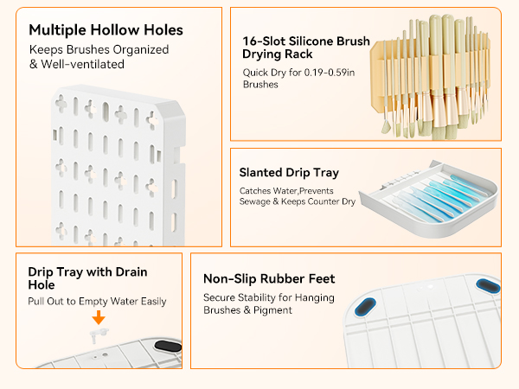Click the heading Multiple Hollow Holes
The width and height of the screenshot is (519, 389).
(106, 30)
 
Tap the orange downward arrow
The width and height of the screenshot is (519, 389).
(99, 317)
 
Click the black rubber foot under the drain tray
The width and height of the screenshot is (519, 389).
(168, 346)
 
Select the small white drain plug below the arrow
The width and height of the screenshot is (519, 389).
(98, 335)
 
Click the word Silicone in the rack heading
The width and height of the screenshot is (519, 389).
(311, 41)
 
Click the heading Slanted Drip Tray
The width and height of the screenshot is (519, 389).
(289, 173)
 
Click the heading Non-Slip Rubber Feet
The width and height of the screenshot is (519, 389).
(269, 278)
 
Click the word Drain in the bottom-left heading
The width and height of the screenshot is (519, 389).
(131, 272)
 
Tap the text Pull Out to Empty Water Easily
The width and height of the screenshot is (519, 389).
(97, 302)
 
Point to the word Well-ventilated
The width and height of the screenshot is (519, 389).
(82, 64)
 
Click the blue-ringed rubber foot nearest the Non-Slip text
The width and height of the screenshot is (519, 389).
(365, 307)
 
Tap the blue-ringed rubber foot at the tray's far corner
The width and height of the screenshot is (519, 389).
(488, 286)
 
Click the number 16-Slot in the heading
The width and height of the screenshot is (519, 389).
(264, 41)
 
